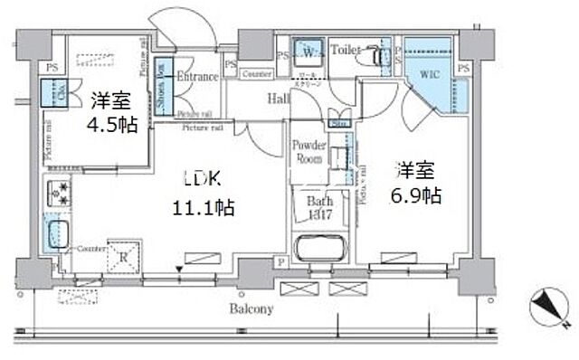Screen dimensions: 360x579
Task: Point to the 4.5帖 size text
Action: point(113,123)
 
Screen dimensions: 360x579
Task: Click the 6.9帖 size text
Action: point(416,194)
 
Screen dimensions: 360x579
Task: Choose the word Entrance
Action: point(196,76)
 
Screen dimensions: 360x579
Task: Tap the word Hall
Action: point(278,99)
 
